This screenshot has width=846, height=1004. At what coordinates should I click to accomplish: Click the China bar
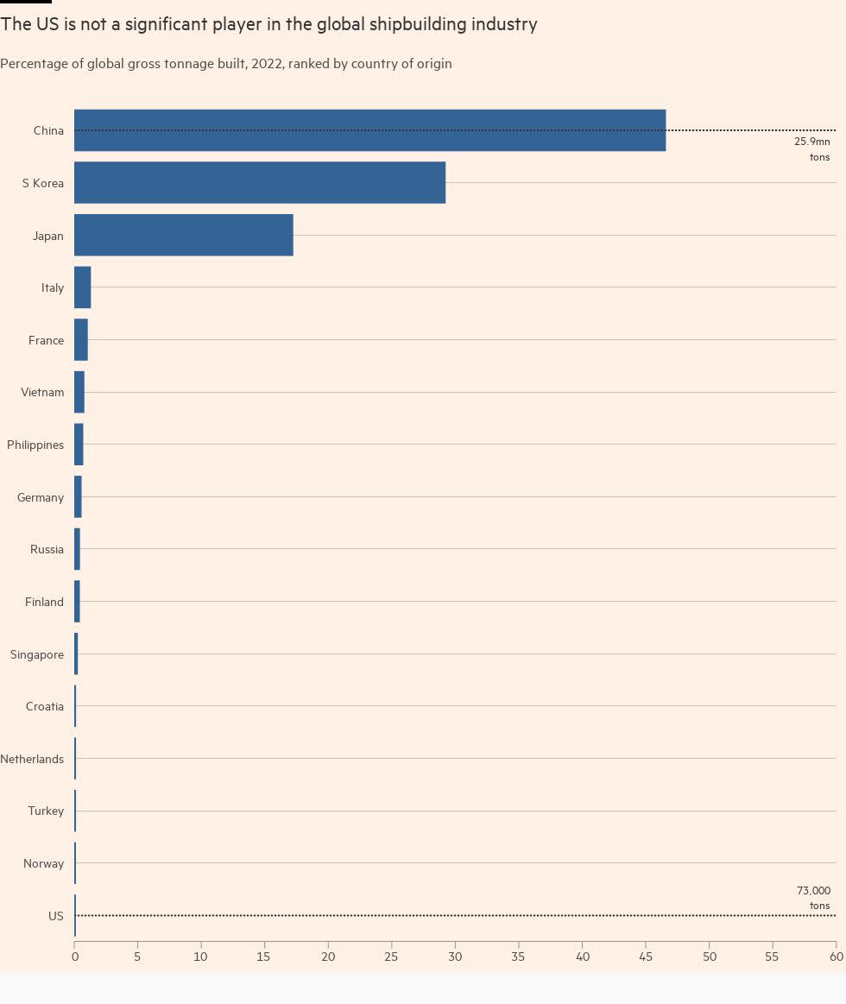pyautogui.click(x=369, y=130)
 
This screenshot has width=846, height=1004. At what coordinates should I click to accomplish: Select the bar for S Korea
pyautogui.click(x=259, y=183)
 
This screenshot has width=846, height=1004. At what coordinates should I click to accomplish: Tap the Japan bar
pyautogui.click(x=183, y=235)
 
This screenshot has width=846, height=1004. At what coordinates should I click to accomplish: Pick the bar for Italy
pyautogui.click(x=82, y=287)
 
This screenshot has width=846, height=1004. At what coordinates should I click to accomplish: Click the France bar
pyautogui.click(x=80, y=340)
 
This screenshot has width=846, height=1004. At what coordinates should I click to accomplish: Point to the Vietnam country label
pyautogui.click(x=42, y=392)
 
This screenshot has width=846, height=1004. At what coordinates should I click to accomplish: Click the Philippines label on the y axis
pyautogui.click(x=35, y=445)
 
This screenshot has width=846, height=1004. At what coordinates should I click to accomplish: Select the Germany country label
pyautogui.click(x=41, y=497)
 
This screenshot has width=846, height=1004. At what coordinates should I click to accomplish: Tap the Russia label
pyautogui.click(x=47, y=549)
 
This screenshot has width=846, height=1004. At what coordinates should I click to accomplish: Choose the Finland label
pyautogui.click(x=44, y=602)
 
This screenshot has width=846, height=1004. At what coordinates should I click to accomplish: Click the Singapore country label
pyautogui.click(x=37, y=654)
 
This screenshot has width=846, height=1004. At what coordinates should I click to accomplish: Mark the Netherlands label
pyautogui.click(x=32, y=759)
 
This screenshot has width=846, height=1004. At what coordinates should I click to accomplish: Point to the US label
pyautogui.click(x=56, y=916)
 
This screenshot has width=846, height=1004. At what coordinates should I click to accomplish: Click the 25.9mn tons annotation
pyautogui.click(x=812, y=148)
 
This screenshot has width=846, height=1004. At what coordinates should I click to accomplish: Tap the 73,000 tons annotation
pyautogui.click(x=813, y=898)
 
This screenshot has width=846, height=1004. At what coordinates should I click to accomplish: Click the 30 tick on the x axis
pyautogui.click(x=455, y=957)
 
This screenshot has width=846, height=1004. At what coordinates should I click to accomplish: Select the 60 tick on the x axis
pyautogui.click(x=836, y=957)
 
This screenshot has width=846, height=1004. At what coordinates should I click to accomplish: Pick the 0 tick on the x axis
pyautogui.click(x=74, y=957)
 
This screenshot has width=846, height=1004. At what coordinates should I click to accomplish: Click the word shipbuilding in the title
pyautogui.click(x=417, y=24)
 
